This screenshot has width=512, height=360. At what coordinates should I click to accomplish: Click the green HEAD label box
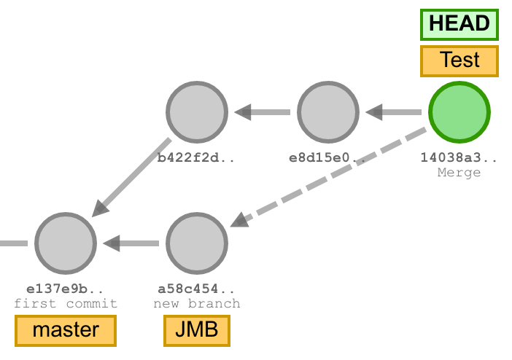(459, 24)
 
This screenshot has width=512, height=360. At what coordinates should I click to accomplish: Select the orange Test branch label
(459, 60)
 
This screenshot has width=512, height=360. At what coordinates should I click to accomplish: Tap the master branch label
(66, 330)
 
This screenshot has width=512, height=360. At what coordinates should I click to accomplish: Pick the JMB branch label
(196, 330)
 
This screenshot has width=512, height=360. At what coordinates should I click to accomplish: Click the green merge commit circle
(459, 113)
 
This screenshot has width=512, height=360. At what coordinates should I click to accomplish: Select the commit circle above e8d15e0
(328, 113)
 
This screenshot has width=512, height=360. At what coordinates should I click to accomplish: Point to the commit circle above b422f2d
(197, 113)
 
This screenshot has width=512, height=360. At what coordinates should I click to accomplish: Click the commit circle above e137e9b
(66, 243)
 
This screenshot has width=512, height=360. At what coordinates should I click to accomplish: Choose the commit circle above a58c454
(197, 243)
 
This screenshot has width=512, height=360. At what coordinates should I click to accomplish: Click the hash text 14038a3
(459, 157)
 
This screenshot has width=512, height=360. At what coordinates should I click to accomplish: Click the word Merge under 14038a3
(459, 173)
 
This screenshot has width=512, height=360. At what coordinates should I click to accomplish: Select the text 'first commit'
(66, 303)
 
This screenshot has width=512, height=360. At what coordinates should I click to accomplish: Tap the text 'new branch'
(197, 303)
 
